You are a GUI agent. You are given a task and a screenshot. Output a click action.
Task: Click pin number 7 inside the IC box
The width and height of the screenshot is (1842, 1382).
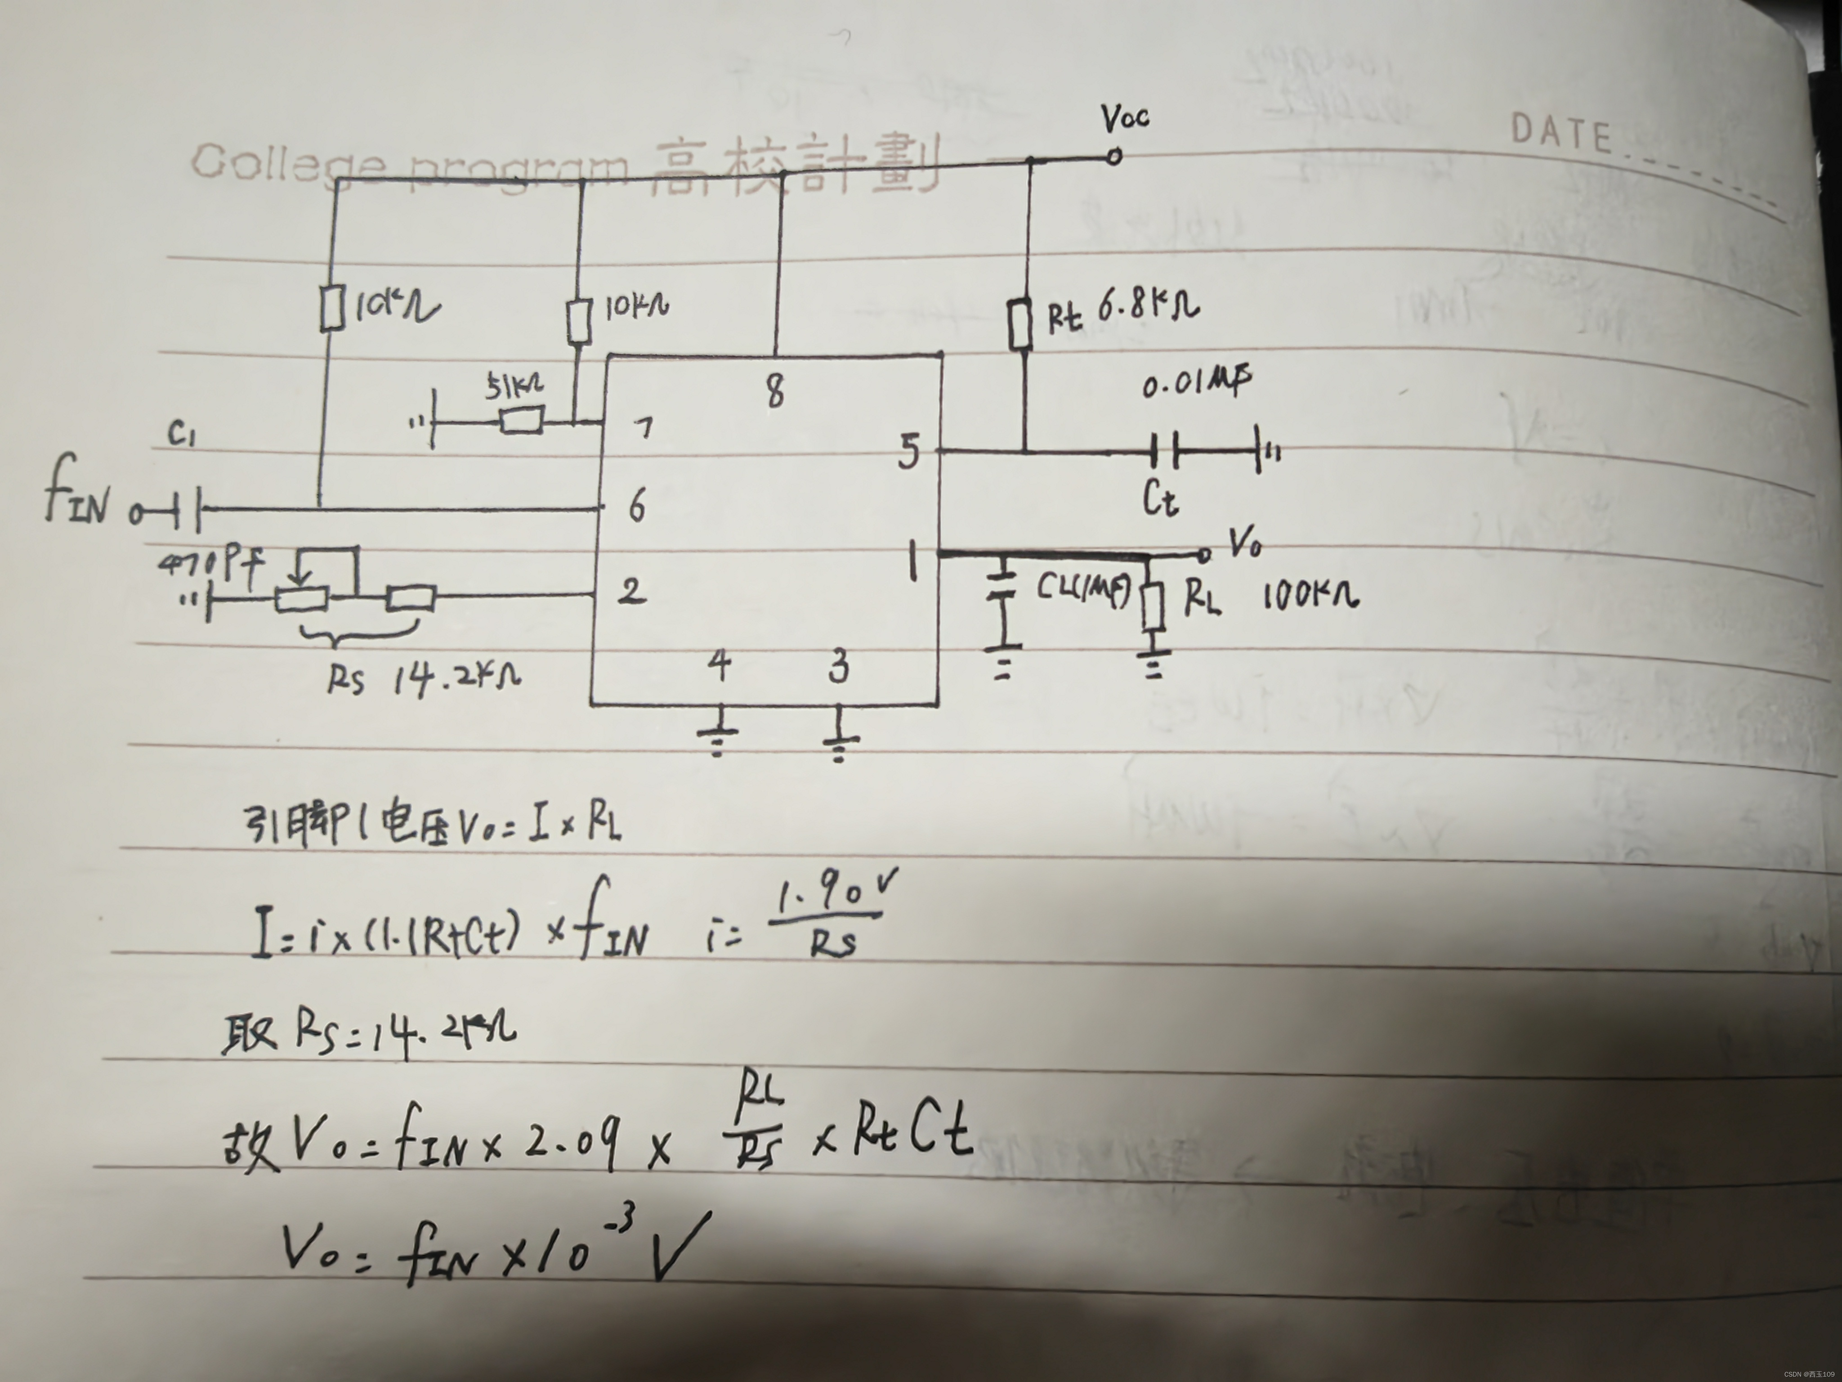[x=644, y=429]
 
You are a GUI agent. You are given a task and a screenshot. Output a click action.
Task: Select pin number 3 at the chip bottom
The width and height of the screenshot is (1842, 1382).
[x=840, y=667]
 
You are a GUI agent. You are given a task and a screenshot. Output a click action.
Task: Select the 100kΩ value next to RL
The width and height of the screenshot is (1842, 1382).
[x=1310, y=597]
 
